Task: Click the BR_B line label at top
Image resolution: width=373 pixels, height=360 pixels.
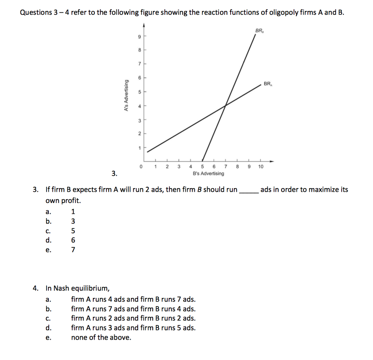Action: pyautogui.click(x=260, y=31)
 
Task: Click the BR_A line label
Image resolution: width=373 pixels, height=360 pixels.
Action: pyautogui.click(x=268, y=84)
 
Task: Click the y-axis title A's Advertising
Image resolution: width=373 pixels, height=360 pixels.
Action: pyautogui.click(x=126, y=95)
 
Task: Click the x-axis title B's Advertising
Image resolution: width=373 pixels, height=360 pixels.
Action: pyautogui.click(x=208, y=174)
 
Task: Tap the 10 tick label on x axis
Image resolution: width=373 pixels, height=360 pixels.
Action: pyautogui.click(x=260, y=167)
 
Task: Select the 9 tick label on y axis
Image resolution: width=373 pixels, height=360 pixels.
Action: pyautogui.click(x=139, y=36)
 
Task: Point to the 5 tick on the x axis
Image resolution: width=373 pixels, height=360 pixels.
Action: pyautogui.click(x=202, y=167)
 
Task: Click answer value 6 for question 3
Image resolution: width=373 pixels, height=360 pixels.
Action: pyautogui.click(x=73, y=240)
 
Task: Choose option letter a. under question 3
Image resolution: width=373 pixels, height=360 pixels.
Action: pyautogui.click(x=48, y=212)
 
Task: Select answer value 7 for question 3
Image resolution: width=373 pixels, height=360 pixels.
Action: pyautogui.click(x=73, y=250)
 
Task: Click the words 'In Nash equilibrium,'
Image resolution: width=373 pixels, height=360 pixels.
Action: pyautogui.click(x=77, y=289)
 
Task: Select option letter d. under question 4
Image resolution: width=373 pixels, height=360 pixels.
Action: pyautogui.click(x=48, y=328)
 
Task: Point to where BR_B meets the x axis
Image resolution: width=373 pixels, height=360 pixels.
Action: pyautogui.click(x=202, y=160)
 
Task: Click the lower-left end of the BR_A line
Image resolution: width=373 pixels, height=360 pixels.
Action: pyautogui.click(x=148, y=151)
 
